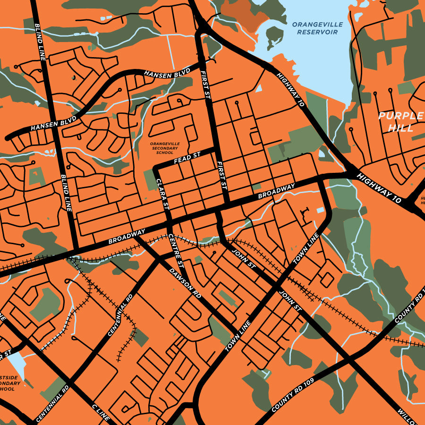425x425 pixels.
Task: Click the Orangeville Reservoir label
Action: coord(314,28)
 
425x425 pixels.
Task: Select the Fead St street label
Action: coord(187,158)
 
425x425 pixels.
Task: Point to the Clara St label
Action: coord(162,194)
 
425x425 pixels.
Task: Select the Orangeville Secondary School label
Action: coord(164,148)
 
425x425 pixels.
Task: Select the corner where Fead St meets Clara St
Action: coord(156,169)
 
